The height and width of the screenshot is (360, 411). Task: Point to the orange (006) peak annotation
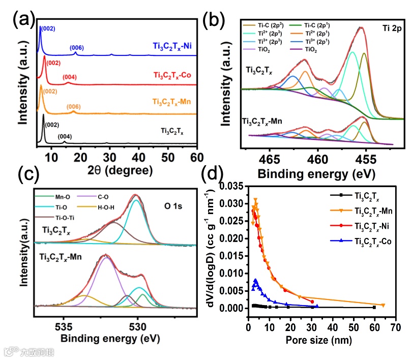coord(75,107)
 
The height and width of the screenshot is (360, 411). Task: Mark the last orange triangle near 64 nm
coord(383,305)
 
